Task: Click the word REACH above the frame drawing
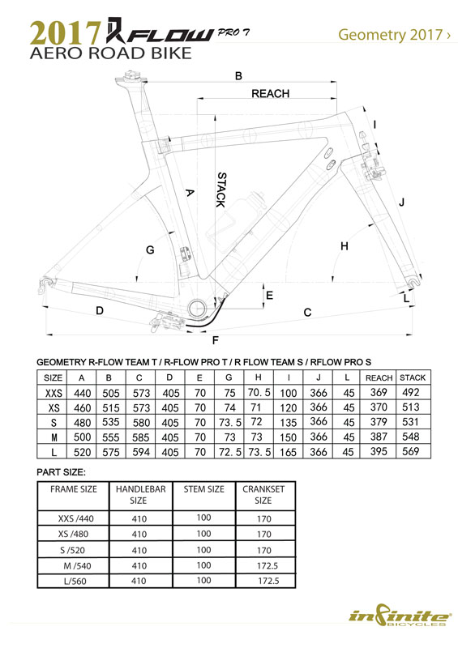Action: pyautogui.click(x=270, y=93)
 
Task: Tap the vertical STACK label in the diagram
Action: pyautogui.click(x=221, y=190)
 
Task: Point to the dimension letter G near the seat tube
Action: pyautogui.click(x=150, y=250)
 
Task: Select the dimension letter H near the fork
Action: pyautogui.click(x=345, y=246)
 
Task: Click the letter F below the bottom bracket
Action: pyautogui.click(x=215, y=340)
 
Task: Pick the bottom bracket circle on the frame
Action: pyautogui.click(x=197, y=309)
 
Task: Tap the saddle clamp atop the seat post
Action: pyautogui.click(x=133, y=77)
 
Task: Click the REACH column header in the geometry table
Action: pyautogui.click(x=379, y=377)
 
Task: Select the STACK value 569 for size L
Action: pyautogui.click(x=410, y=451)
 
